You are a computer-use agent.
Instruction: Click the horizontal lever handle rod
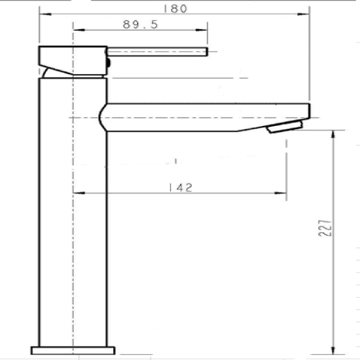tap(157, 52)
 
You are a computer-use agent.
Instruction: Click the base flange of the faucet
tap(72, 350)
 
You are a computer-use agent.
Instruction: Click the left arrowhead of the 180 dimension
tap(43, 13)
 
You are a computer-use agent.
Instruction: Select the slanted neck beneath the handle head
tap(49, 72)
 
